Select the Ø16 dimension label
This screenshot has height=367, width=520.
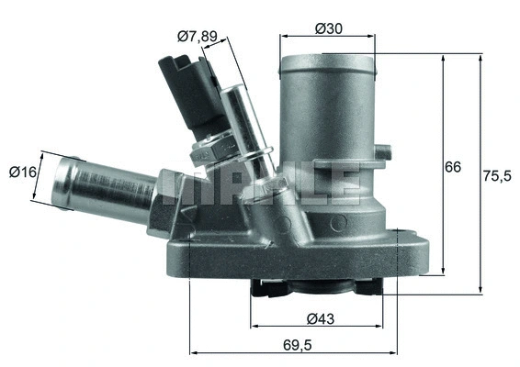point(21,171)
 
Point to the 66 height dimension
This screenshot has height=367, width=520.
point(452,168)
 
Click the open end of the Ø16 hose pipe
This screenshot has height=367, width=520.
point(61,180)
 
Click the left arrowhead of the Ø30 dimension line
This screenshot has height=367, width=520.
point(283,37)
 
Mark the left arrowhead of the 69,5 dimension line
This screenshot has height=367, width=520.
point(193,352)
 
